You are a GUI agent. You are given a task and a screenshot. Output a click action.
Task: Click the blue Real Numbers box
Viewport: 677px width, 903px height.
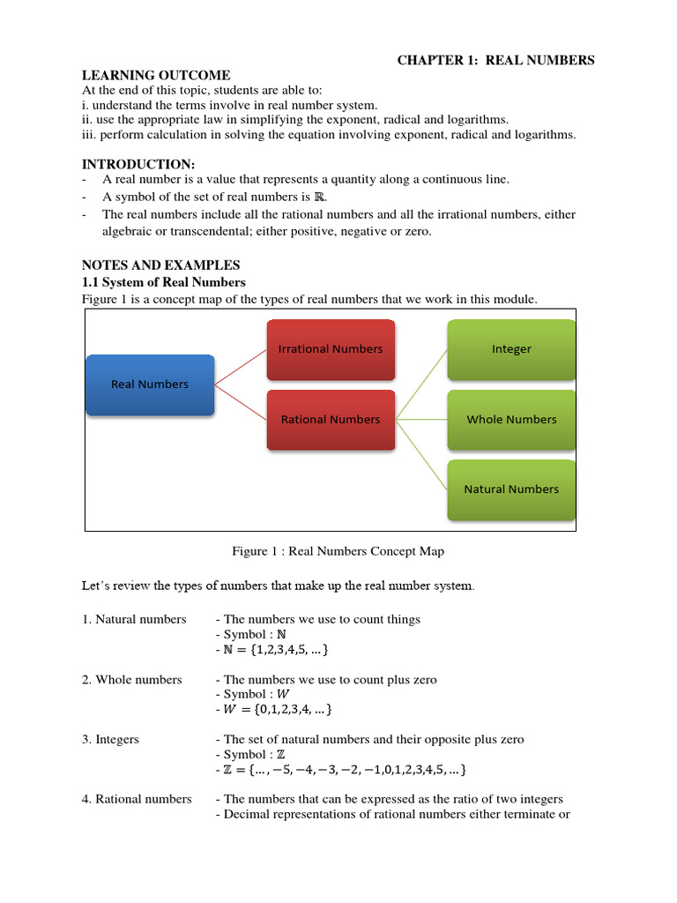pyautogui.click(x=150, y=384)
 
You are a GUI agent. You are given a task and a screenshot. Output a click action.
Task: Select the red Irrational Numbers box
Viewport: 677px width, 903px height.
pyautogui.click(x=331, y=349)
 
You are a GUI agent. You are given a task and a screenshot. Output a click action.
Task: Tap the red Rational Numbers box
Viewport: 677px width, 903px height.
pyautogui.click(x=331, y=420)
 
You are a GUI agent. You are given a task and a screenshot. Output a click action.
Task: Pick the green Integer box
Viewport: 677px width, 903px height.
pyautogui.click(x=511, y=349)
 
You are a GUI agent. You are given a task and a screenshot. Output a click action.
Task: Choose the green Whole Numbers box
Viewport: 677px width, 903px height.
pyautogui.click(x=511, y=420)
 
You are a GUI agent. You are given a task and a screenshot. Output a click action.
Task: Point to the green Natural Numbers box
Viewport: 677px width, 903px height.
pyautogui.click(x=511, y=489)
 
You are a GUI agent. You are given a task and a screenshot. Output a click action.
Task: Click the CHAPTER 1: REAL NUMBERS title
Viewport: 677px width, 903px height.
pyautogui.click(x=495, y=60)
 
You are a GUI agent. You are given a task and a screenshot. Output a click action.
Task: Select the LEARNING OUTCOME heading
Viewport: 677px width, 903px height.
pyautogui.click(x=156, y=76)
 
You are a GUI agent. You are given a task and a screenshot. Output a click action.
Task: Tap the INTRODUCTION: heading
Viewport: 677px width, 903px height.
pyautogui.click(x=138, y=164)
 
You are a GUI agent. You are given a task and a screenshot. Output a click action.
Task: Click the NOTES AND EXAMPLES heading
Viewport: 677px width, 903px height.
pyautogui.click(x=160, y=265)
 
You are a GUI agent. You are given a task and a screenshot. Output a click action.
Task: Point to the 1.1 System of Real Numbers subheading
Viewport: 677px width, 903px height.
pyautogui.click(x=164, y=282)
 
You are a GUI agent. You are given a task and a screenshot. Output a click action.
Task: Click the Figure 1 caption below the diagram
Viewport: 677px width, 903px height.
pyautogui.click(x=338, y=551)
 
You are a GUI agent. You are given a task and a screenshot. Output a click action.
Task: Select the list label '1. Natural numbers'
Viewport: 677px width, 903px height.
pyautogui.click(x=134, y=619)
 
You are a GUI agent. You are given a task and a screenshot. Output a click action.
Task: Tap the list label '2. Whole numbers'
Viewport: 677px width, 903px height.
pyautogui.click(x=132, y=680)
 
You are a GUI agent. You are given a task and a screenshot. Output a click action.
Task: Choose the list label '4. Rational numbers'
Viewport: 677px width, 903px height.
pyautogui.click(x=137, y=799)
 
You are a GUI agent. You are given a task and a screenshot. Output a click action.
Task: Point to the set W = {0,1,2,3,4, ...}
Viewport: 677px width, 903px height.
pyautogui.click(x=279, y=709)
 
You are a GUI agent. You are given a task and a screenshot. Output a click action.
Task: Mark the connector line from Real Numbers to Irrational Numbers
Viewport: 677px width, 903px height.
pyautogui.click(x=241, y=367)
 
